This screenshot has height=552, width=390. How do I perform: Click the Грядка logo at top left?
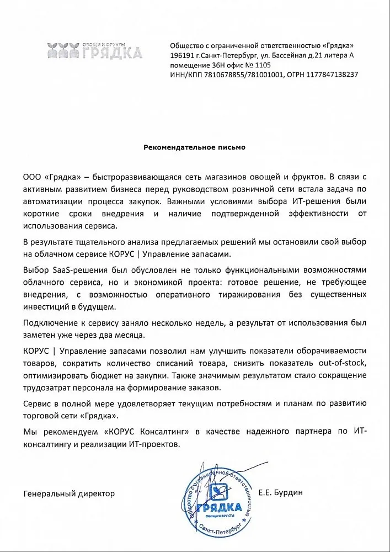coord(94,50)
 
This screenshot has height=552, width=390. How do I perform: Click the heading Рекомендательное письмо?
coord(194,147)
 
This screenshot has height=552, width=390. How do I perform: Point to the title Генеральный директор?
coord(69,493)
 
